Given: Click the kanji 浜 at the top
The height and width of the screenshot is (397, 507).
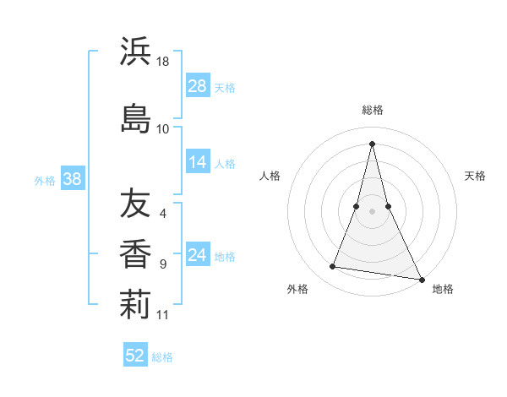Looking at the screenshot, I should click(x=135, y=52).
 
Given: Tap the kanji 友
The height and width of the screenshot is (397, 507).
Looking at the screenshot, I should click(x=135, y=204).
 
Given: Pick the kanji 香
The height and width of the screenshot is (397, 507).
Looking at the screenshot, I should click(x=135, y=253).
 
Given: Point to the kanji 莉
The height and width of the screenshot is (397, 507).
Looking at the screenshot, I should click(x=135, y=305).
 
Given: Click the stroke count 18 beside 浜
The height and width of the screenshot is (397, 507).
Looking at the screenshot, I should click(x=163, y=63).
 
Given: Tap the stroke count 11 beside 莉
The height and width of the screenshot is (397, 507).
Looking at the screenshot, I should click(x=163, y=315).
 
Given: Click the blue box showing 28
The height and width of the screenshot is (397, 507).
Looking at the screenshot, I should click(x=198, y=86).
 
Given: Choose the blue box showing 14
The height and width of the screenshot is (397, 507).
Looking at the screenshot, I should click(x=198, y=163).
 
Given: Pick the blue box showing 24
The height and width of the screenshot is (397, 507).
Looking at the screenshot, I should click(x=198, y=256).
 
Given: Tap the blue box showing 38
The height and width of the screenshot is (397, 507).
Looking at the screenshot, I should click(x=72, y=179).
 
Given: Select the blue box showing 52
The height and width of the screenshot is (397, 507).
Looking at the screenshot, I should click(x=135, y=356).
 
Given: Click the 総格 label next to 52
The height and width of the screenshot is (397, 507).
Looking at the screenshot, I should click(x=162, y=357).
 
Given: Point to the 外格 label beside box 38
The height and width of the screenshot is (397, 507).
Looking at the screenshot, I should click(x=45, y=180).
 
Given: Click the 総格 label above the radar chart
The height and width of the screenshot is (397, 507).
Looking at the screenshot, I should click(x=372, y=110).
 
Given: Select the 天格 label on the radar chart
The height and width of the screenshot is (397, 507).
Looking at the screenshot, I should click(x=475, y=176).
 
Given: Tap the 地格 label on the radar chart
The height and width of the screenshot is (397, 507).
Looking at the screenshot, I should click(x=443, y=289).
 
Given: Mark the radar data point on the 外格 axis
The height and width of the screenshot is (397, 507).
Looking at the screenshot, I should click(x=333, y=267).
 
